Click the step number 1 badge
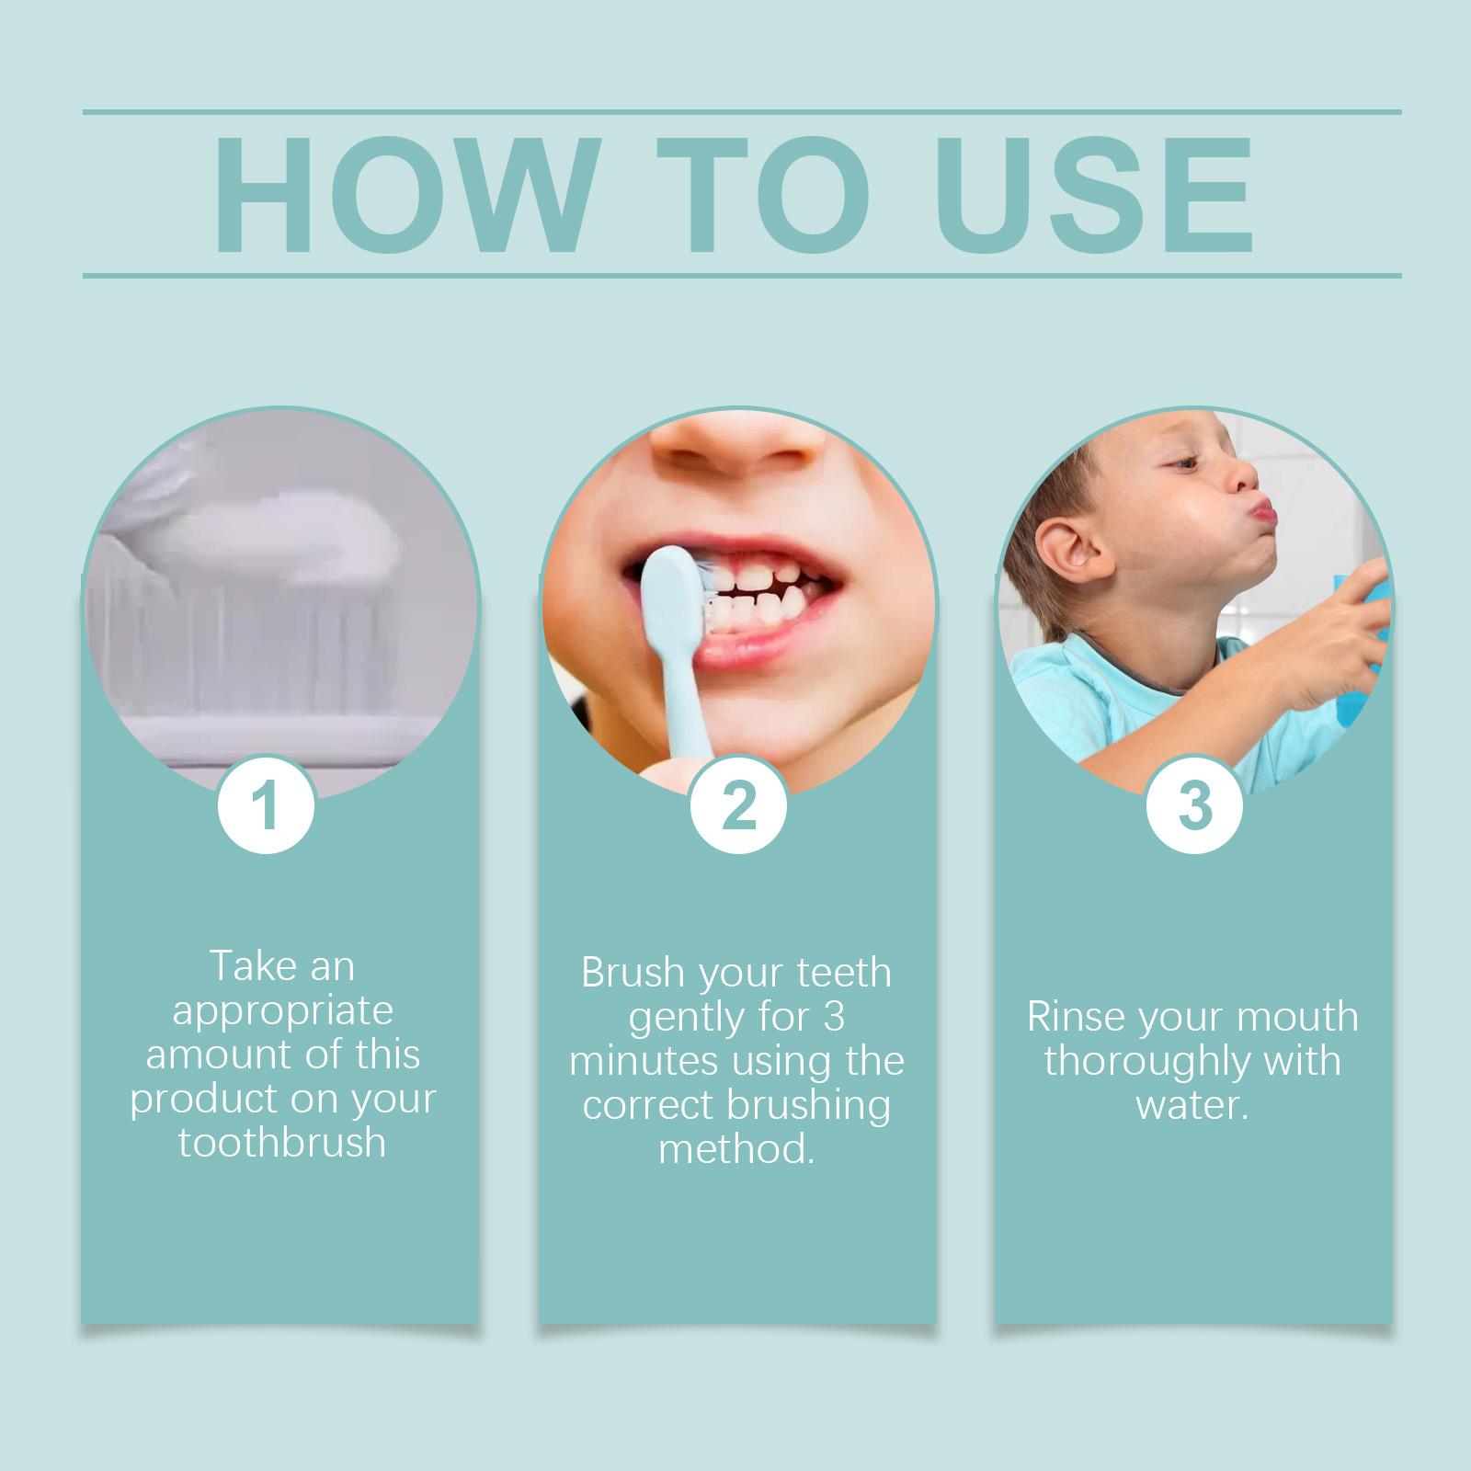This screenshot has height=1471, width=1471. (266, 806)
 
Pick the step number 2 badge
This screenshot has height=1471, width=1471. (738, 806)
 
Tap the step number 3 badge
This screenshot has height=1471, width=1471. (1194, 804)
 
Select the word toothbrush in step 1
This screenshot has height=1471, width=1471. (282, 1143)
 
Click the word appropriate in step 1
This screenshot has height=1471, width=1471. (282, 1011)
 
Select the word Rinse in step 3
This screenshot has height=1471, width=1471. (1075, 1017)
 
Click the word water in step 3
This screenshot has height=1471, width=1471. (1192, 1105)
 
